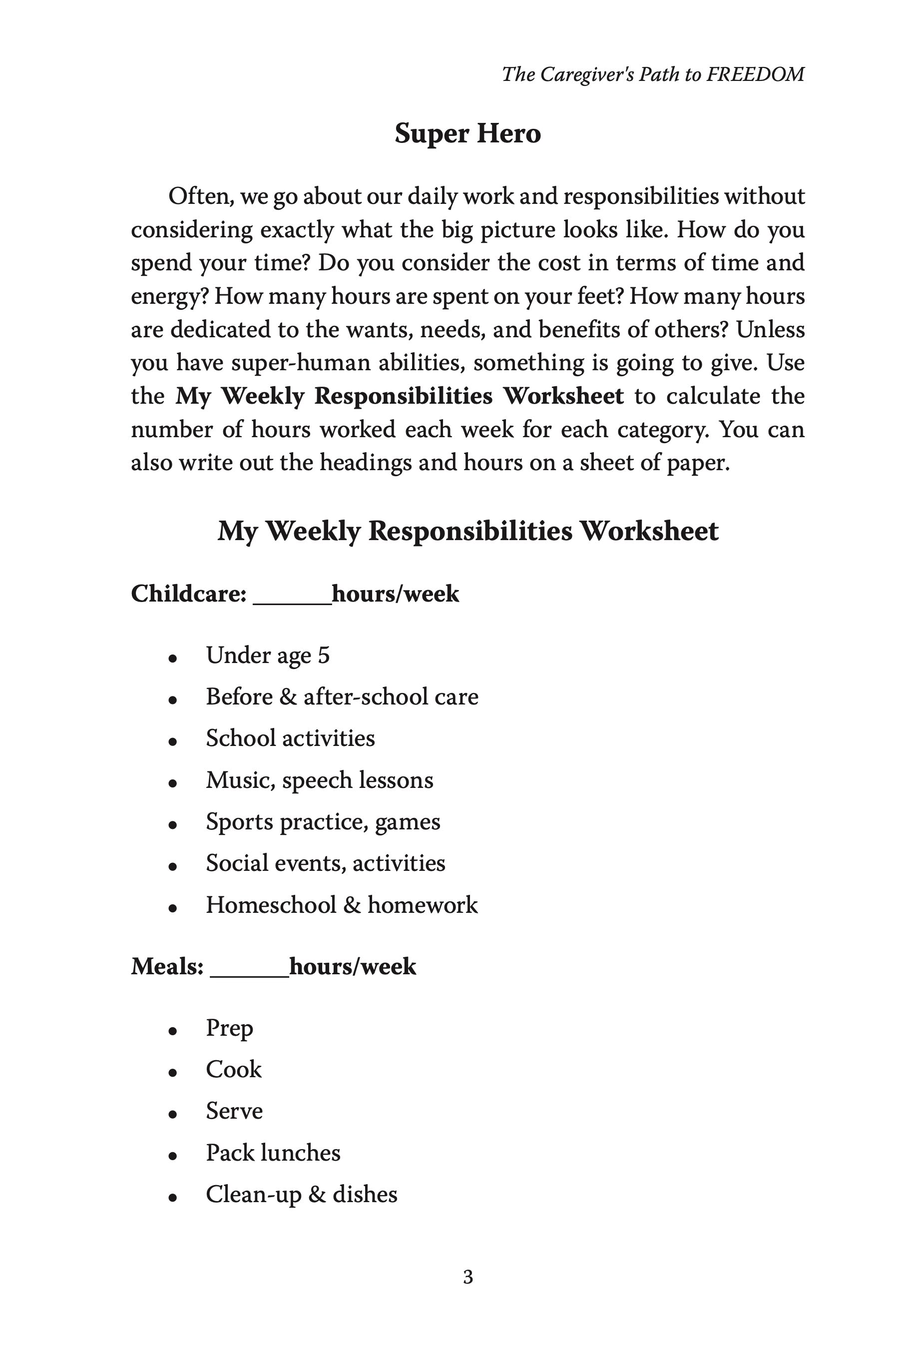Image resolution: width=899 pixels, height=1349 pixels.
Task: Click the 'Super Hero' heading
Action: click(467, 133)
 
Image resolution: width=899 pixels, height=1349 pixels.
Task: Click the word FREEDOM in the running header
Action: click(755, 74)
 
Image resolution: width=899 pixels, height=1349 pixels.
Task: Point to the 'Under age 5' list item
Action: click(268, 656)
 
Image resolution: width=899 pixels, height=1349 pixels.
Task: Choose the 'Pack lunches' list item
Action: click(273, 1153)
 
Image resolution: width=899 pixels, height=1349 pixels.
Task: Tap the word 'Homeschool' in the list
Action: click(271, 905)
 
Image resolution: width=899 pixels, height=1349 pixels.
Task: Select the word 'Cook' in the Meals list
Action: click(233, 1069)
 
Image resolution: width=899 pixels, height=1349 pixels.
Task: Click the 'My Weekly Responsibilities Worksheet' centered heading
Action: click(467, 531)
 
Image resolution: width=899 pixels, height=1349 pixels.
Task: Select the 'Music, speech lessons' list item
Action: click(319, 780)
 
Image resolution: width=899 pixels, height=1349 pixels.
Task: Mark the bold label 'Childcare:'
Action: click(189, 594)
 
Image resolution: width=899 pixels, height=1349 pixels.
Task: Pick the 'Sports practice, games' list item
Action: click(323, 822)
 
